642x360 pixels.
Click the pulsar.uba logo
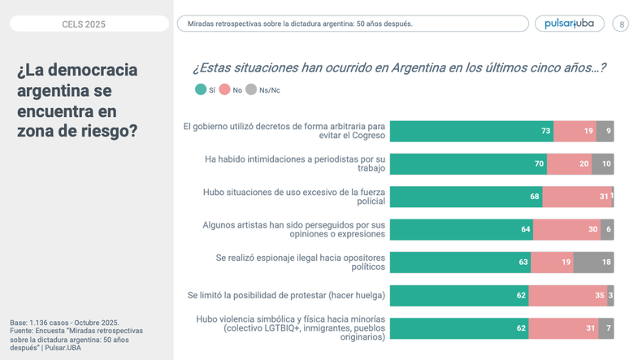569,24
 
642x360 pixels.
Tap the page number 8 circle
621,24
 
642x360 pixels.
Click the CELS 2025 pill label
84,24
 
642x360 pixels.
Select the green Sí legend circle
201,89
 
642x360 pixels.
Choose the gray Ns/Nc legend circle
251,89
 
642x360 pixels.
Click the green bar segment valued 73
471,131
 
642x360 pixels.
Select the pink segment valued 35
567,295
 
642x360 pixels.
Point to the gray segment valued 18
593,262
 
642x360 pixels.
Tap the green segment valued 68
466,197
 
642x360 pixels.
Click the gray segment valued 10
602,163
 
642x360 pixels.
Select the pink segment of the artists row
566,229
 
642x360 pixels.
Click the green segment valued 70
468,163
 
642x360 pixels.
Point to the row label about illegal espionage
300,262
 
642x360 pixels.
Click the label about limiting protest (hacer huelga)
286,295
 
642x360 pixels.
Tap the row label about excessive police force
293,197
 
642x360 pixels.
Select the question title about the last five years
398,67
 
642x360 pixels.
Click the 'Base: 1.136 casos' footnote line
64,323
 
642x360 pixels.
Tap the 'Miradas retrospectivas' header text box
353,24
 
